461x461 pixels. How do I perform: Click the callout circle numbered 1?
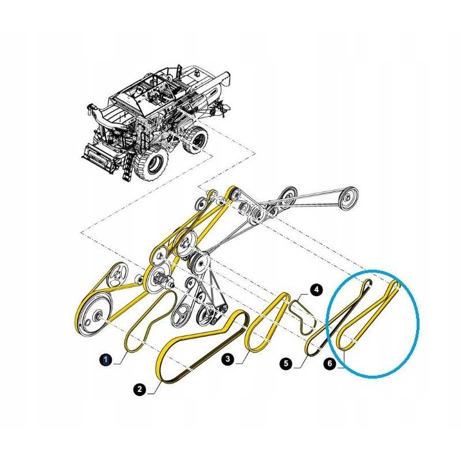click(106, 360)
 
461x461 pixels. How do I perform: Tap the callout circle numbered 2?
click(139, 390)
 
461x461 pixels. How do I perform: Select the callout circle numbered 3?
click(228, 359)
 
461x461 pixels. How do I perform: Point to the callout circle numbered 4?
click(316, 290)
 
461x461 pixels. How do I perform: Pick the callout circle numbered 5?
click(286, 364)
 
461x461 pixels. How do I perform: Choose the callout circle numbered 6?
click(330, 364)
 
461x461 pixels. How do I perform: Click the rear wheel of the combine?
click(195, 139)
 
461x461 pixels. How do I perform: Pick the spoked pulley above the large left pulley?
click(117, 275)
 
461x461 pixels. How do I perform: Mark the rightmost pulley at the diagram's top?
click(348, 198)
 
